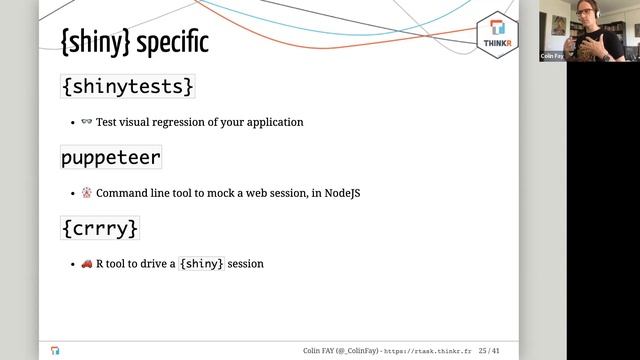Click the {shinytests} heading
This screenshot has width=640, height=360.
click(x=126, y=87)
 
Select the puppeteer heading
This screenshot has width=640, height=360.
click(x=110, y=157)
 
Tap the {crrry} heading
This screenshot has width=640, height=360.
click(x=99, y=228)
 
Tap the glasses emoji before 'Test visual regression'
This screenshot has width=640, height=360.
click(x=86, y=122)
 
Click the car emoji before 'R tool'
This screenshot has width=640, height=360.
click(x=86, y=264)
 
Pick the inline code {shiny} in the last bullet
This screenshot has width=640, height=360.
click(x=201, y=264)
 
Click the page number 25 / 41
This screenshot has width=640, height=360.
click(x=490, y=351)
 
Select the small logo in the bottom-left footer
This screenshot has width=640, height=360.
click(x=55, y=351)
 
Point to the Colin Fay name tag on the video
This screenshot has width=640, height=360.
click(x=552, y=57)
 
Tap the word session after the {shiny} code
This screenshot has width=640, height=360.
click(x=246, y=264)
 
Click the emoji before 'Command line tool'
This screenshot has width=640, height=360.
click(x=86, y=193)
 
